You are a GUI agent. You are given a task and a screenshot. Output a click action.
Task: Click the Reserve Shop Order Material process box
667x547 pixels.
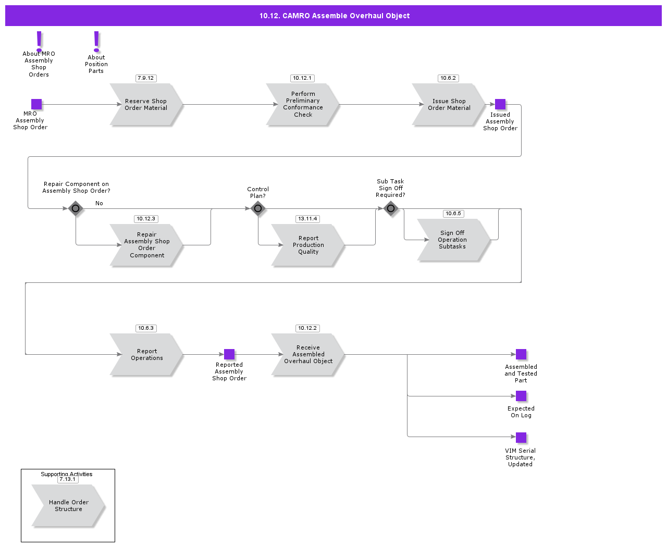pyautogui.click(x=146, y=105)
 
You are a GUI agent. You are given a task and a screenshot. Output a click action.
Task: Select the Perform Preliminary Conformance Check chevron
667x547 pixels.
pyautogui.click(x=303, y=105)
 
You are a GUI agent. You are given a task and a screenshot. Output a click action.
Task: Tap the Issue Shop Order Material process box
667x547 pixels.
pyautogui.click(x=449, y=105)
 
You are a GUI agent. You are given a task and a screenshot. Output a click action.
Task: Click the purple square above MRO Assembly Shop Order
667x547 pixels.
pyautogui.click(x=36, y=104)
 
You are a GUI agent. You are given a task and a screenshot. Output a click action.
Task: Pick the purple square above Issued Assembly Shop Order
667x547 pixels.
pyautogui.click(x=500, y=104)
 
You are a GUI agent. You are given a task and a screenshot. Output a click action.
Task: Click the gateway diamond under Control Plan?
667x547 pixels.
pyautogui.click(x=258, y=208)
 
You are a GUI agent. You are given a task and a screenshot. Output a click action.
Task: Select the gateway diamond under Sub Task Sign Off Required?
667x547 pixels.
pyautogui.click(x=391, y=208)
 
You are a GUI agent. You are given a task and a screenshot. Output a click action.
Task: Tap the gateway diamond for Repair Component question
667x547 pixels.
pyautogui.click(x=76, y=208)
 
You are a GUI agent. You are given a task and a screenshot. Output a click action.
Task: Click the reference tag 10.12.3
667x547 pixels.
pyautogui.click(x=146, y=219)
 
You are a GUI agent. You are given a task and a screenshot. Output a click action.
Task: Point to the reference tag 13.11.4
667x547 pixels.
pyautogui.click(x=307, y=219)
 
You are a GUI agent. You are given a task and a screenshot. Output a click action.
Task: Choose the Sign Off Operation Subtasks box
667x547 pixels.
pyautogui.click(x=452, y=240)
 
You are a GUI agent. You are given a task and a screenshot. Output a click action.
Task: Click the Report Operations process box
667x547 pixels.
pyautogui.click(x=146, y=355)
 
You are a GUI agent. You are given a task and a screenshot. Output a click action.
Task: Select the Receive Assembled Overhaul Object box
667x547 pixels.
pyautogui.click(x=308, y=355)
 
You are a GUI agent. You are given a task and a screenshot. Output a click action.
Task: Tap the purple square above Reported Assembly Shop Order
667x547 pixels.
pyautogui.click(x=229, y=354)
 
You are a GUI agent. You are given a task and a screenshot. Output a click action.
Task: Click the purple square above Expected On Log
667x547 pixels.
pyautogui.click(x=521, y=396)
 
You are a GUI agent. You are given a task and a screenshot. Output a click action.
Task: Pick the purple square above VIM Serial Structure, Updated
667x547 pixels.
pyautogui.click(x=521, y=438)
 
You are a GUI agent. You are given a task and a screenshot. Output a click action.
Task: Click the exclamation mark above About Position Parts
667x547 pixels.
pyautogui.click(x=96, y=41)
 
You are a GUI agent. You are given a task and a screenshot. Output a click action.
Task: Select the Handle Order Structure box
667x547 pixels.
pyautogui.click(x=68, y=506)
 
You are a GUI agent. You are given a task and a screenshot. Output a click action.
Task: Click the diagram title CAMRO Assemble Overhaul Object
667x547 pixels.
pyautogui.click(x=334, y=16)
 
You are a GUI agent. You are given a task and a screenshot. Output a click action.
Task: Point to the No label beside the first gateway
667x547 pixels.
pyautogui.click(x=99, y=203)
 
